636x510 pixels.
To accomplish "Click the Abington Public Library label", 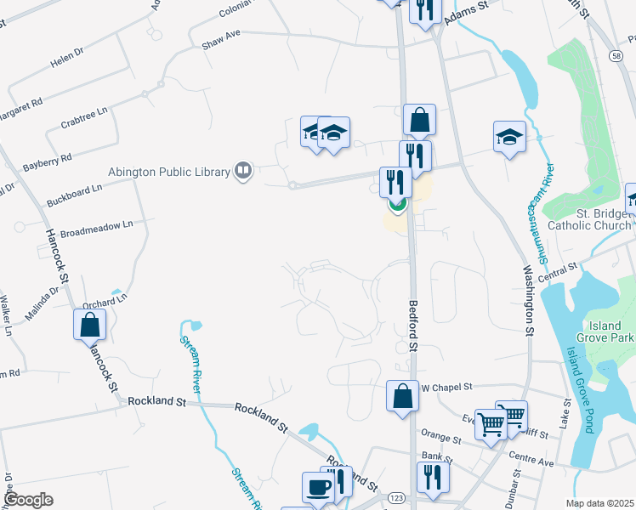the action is coord(169,172).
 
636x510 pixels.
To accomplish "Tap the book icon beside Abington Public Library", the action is coord(243,172).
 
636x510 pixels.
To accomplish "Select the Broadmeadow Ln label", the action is coord(97,228).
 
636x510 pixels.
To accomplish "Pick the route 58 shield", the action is coord(614,55).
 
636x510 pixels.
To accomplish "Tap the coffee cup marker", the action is coord(319,486).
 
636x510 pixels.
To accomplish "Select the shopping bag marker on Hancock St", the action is coord(89,324).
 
